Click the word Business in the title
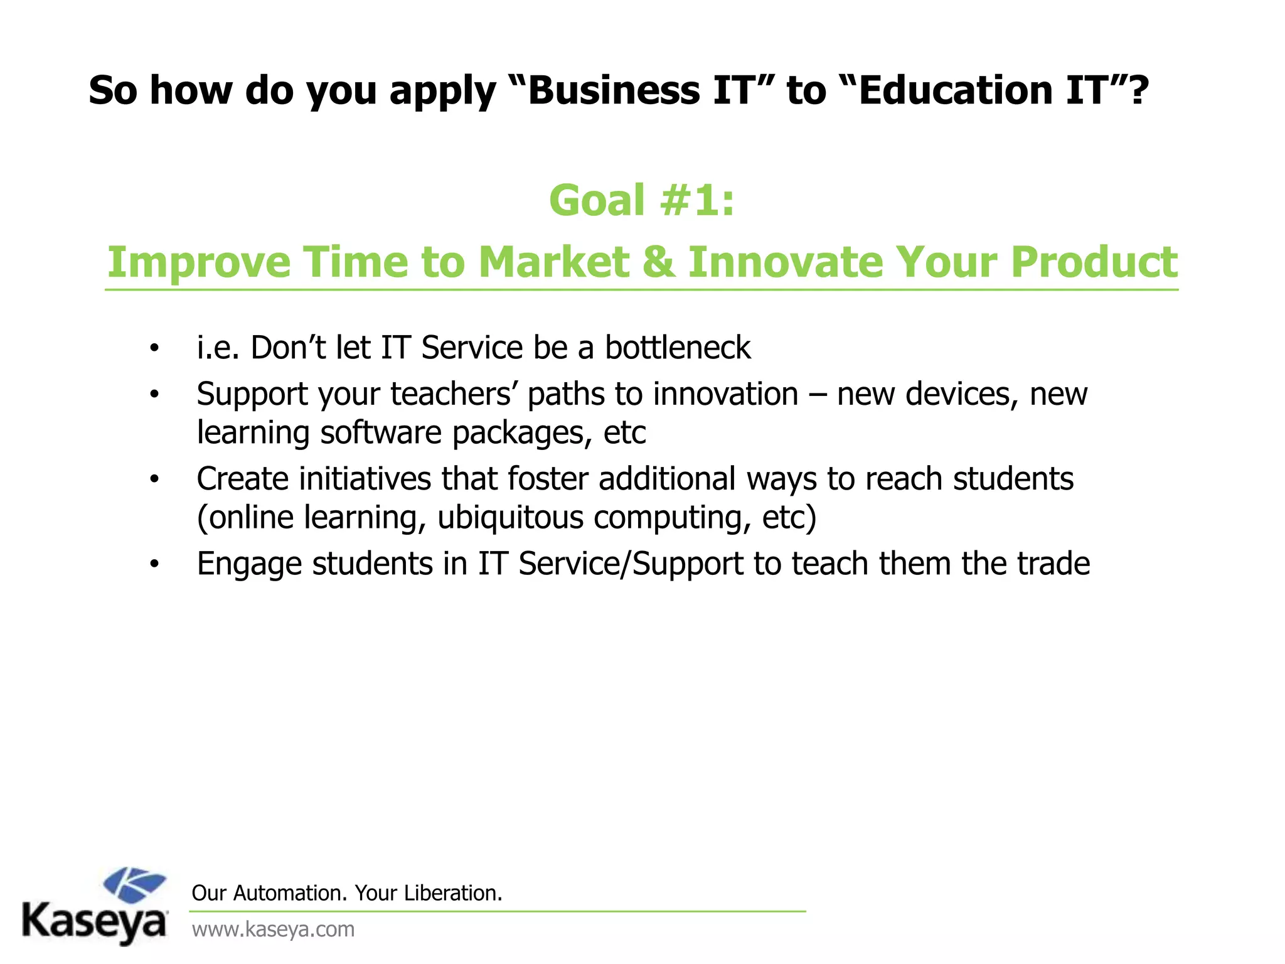tap(614, 90)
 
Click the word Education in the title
tap(954, 90)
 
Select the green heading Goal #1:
tap(641, 201)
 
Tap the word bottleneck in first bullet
tap(678, 348)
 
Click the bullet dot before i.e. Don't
tap(154, 348)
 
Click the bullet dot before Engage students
tap(154, 564)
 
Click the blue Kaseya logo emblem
tap(134, 885)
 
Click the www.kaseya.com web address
tap(273, 929)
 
